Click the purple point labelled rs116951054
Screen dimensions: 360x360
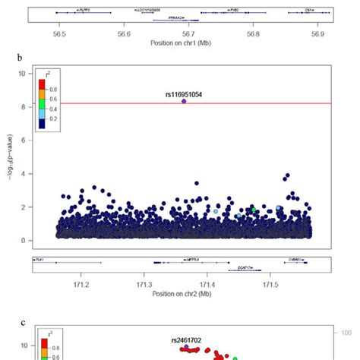tap(184, 101)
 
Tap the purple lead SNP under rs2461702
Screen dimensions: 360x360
tap(186, 346)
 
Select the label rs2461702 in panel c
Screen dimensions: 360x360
tap(187, 340)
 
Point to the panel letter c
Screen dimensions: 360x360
tap(24, 322)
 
